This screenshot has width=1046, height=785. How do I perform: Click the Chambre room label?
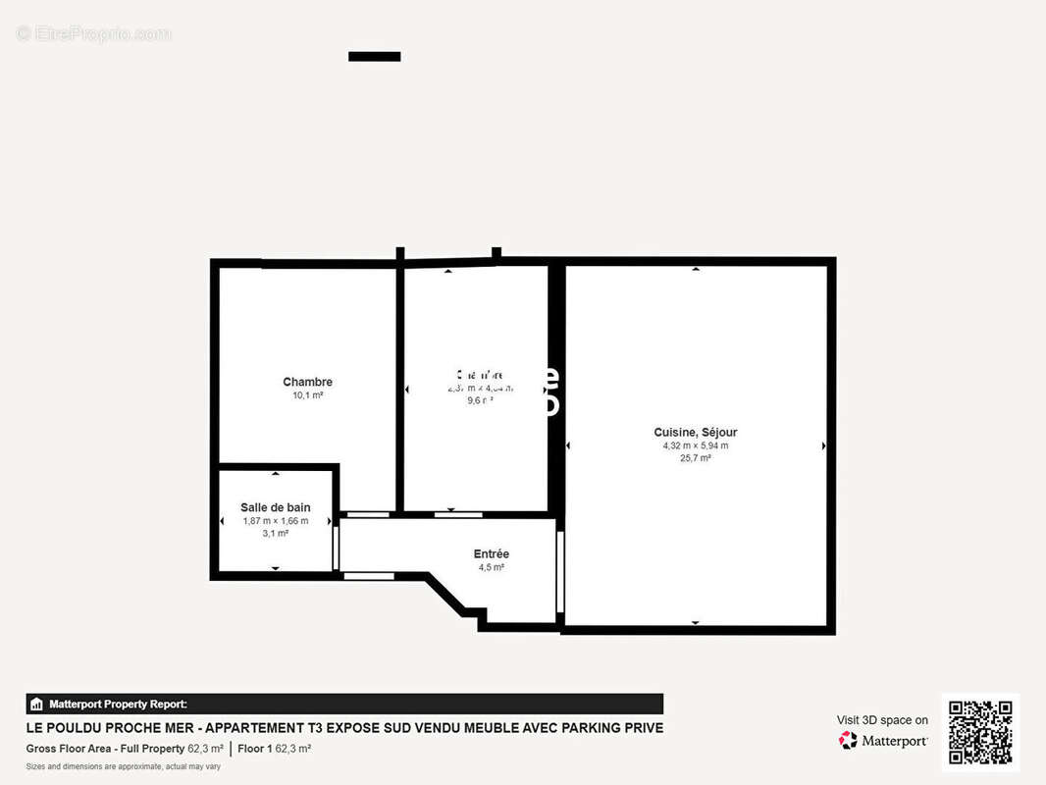tap(307, 382)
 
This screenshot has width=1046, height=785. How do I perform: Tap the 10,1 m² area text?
tap(307, 395)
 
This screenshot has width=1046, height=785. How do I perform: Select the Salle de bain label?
tap(276, 507)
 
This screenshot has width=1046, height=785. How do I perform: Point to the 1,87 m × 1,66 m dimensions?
tap(276, 521)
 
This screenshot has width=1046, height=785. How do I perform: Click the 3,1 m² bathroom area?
tap(276, 534)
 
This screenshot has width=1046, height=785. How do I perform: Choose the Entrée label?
tap(492, 554)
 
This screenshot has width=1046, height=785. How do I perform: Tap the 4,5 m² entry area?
tap(492, 568)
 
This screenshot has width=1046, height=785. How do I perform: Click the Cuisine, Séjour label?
tap(696, 432)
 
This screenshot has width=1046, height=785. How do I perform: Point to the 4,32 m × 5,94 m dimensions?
tap(696, 445)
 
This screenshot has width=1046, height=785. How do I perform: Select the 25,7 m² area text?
tap(696, 458)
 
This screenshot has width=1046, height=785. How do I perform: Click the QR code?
tap(980, 732)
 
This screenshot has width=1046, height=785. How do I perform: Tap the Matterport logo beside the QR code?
tap(884, 741)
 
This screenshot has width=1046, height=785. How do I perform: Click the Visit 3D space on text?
tap(882, 720)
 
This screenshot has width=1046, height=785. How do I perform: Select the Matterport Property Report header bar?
tap(344, 704)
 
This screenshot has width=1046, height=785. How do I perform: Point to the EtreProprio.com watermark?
tap(93, 34)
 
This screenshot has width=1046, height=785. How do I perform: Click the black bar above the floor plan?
tap(375, 57)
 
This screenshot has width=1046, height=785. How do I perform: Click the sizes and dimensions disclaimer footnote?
tap(124, 766)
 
